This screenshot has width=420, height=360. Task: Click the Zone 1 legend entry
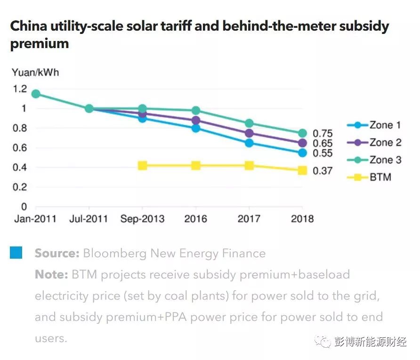point(374,125)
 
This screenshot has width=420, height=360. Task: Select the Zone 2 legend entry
point(374,143)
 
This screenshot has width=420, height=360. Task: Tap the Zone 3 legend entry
point(374,160)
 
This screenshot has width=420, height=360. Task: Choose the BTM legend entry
point(369,178)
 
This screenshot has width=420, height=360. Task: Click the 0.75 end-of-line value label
point(323,133)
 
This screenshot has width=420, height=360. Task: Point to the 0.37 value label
point(323,171)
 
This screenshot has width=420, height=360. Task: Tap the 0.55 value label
point(323,153)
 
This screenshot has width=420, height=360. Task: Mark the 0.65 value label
point(323,143)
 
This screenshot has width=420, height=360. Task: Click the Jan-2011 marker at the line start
point(35,94)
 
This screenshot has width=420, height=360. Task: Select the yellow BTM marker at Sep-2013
point(142,165)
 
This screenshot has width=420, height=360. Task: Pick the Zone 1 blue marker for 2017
point(249,143)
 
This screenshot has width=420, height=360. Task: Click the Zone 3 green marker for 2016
point(195,111)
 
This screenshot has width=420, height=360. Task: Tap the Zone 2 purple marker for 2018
point(302,143)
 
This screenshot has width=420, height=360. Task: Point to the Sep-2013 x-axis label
point(142,219)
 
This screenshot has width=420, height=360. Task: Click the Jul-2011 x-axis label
point(89,219)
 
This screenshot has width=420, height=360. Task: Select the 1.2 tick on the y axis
point(20,89)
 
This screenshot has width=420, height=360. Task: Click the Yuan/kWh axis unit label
point(35,73)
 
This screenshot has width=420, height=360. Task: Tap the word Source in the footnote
point(57,254)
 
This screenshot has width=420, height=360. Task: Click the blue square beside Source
point(16,253)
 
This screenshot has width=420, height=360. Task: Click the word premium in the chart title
point(40,44)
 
